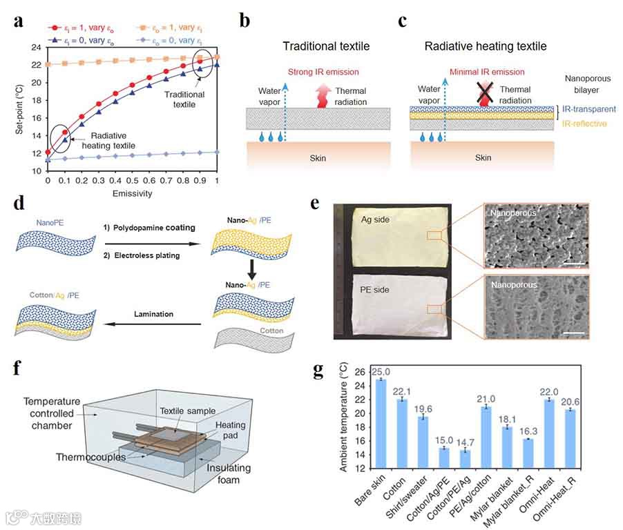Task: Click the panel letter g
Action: (318, 371)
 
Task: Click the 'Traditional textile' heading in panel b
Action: (326, 46)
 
